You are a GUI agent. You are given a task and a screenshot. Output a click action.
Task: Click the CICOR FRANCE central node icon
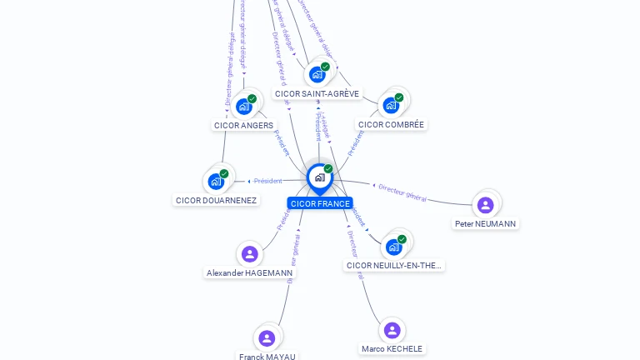coord(319,177)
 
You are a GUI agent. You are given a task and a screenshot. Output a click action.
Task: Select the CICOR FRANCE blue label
coord(320,203)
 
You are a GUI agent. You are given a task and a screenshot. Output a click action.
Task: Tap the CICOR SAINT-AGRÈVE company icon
coord(317,74)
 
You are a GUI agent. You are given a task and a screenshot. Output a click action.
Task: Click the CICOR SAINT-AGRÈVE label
coord(317,94)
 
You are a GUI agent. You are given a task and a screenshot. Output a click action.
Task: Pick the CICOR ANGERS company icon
coord(243,106)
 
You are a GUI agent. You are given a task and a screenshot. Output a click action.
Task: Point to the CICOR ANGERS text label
coord(243,125)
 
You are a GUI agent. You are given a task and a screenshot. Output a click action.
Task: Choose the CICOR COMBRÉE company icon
coord(390,105)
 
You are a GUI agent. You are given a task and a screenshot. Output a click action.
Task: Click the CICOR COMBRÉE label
coord(391,124)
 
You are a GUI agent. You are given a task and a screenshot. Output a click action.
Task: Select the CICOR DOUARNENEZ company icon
coord(216,181)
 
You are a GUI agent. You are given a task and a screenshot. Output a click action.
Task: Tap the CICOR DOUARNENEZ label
coord(216,200)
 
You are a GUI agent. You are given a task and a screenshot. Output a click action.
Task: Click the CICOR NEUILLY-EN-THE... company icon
coord(393,247)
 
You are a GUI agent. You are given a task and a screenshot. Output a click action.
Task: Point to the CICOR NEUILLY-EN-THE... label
coord(394,265)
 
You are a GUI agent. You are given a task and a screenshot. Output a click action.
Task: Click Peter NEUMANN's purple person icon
coord(485,204)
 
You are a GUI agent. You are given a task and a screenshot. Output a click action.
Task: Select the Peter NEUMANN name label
coord(485,223)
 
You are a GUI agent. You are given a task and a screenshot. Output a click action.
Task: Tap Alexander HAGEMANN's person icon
coord(249,254)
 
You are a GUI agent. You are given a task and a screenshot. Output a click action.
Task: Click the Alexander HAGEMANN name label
coord(250,272)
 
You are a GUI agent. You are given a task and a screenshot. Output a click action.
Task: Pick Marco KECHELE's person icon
coord(392,330)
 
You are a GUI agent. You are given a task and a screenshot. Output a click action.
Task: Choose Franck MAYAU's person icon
coord(267,337)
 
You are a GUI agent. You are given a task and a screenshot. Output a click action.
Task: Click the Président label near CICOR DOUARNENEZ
coord(267,181)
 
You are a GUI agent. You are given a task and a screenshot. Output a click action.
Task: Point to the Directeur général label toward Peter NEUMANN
coord(402,192)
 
